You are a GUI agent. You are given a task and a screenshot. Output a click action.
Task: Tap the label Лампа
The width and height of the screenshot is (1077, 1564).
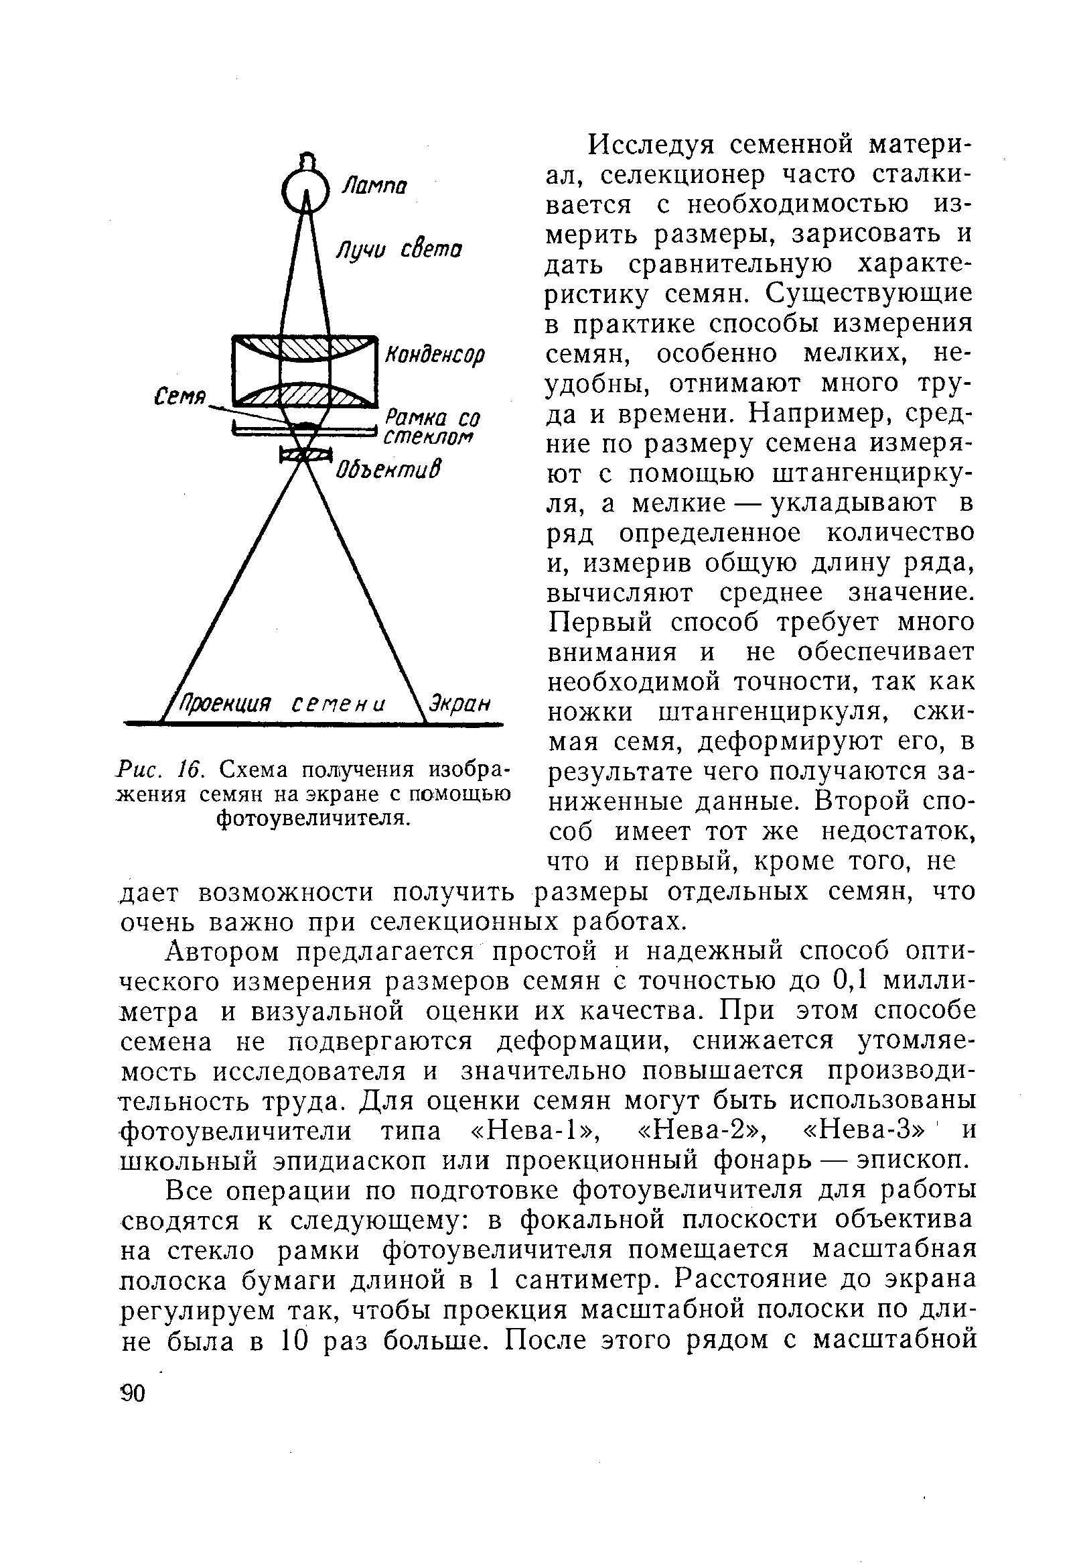pyautogui.click(x=374, y=186)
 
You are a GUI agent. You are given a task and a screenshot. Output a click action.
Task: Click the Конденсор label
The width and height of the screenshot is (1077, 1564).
pyautogui.click(x=435, y=355)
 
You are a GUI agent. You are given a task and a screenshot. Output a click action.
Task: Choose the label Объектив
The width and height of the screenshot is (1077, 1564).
pyautogui.click(x=388, y=467)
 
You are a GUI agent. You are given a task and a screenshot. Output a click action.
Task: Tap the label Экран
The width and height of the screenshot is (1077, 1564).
pyautogui.click(x=460, y=703)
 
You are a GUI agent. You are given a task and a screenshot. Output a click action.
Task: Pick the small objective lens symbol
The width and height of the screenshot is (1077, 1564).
pyautogui.click(x=305, y=457)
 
